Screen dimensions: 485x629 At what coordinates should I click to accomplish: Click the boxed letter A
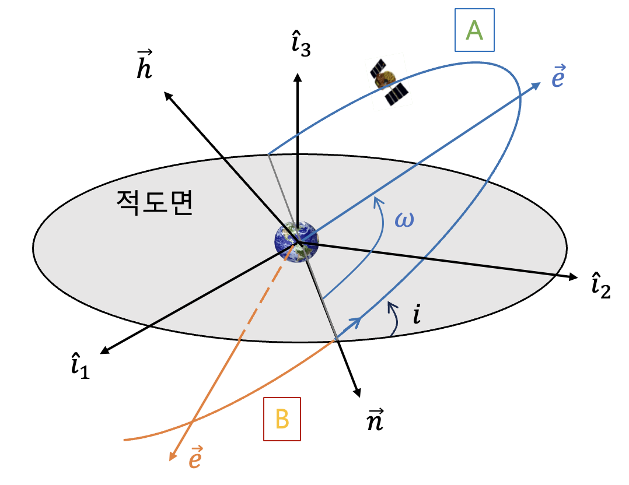pos(474,30)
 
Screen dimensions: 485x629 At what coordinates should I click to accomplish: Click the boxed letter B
pos(282,419)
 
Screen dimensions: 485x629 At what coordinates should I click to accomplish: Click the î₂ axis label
pos(600,285)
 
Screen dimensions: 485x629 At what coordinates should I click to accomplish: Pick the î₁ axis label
pos(79,365)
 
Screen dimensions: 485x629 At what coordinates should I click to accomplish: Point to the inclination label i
pos(417,315)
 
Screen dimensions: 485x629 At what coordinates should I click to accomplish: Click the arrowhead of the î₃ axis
pos(298,76)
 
